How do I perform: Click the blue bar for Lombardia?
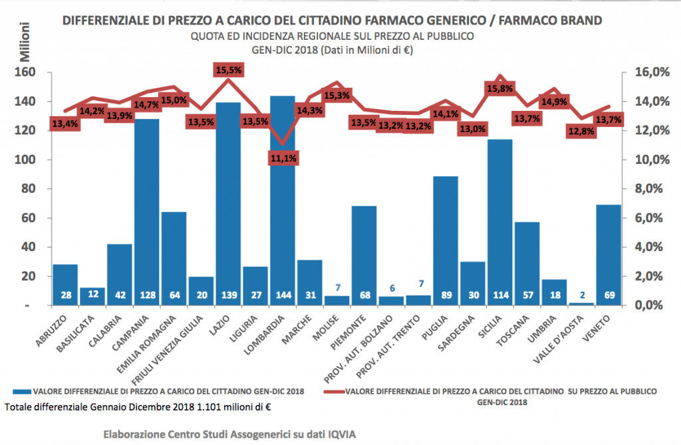(x=283, y=199)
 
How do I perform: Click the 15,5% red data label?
(x=228, y=69)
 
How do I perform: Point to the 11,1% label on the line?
(x=283, y=158)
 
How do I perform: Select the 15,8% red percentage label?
(x=500, y=88)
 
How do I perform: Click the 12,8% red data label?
(x=581, y=131)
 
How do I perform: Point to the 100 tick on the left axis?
(x=33, y=159)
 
